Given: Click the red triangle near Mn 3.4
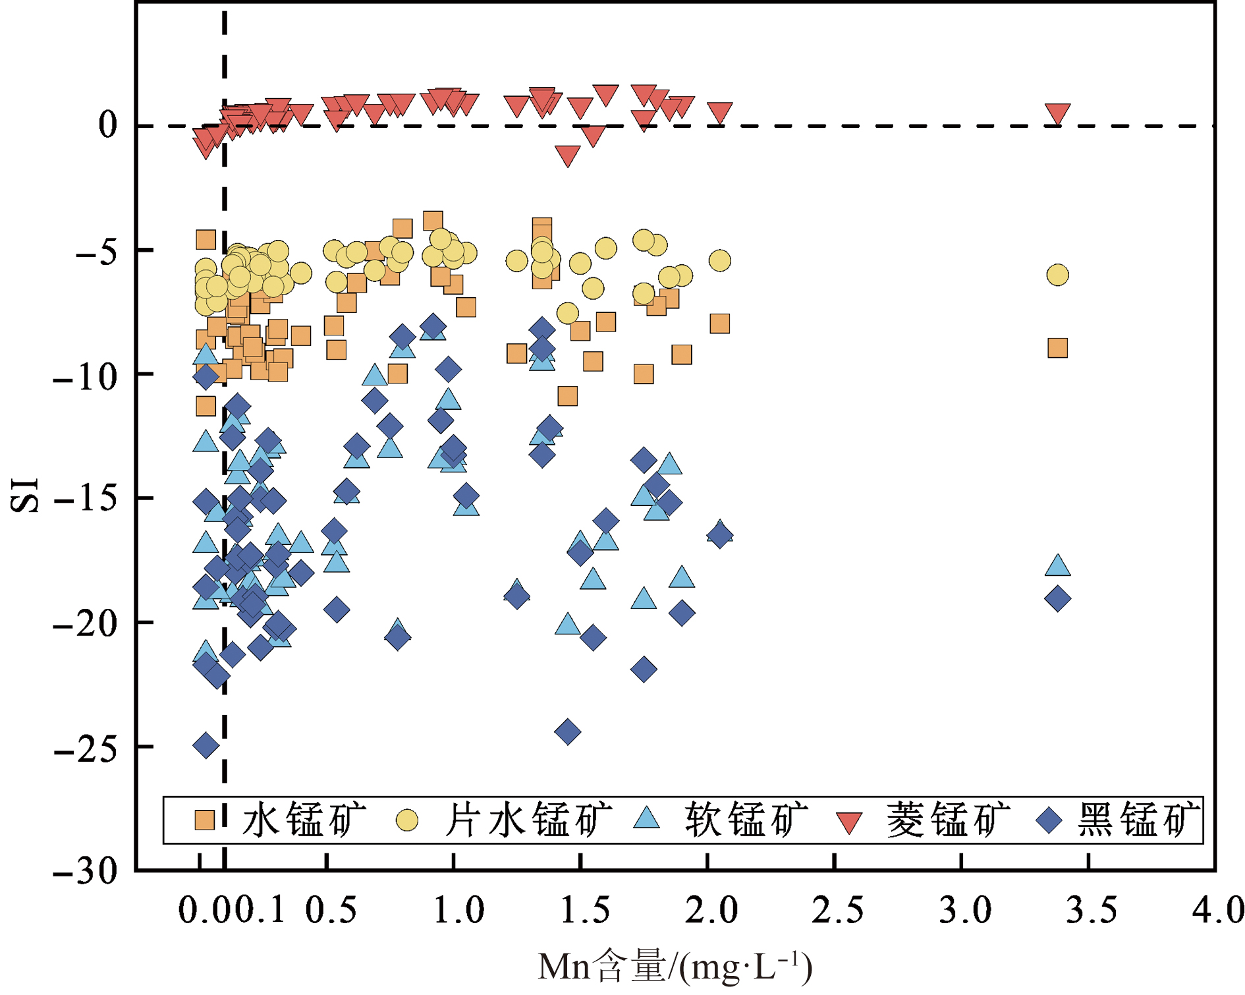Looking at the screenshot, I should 1057,113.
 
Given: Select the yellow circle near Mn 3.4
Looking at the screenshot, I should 1057,275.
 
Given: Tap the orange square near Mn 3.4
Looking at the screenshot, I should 1057,348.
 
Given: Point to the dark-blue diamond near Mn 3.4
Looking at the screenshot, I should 1057,599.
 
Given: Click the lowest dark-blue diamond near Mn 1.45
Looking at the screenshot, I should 567,731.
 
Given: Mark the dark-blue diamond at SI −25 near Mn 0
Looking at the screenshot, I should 206,745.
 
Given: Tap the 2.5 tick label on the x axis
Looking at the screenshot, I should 837,911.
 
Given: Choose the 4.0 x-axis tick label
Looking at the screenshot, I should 1217,911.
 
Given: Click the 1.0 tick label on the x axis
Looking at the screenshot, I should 458,911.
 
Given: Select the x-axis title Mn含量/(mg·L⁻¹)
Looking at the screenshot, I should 675,967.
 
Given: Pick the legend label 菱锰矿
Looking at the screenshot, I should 947,820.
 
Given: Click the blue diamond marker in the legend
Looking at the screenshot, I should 1049,820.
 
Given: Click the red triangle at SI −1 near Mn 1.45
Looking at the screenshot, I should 567,155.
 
